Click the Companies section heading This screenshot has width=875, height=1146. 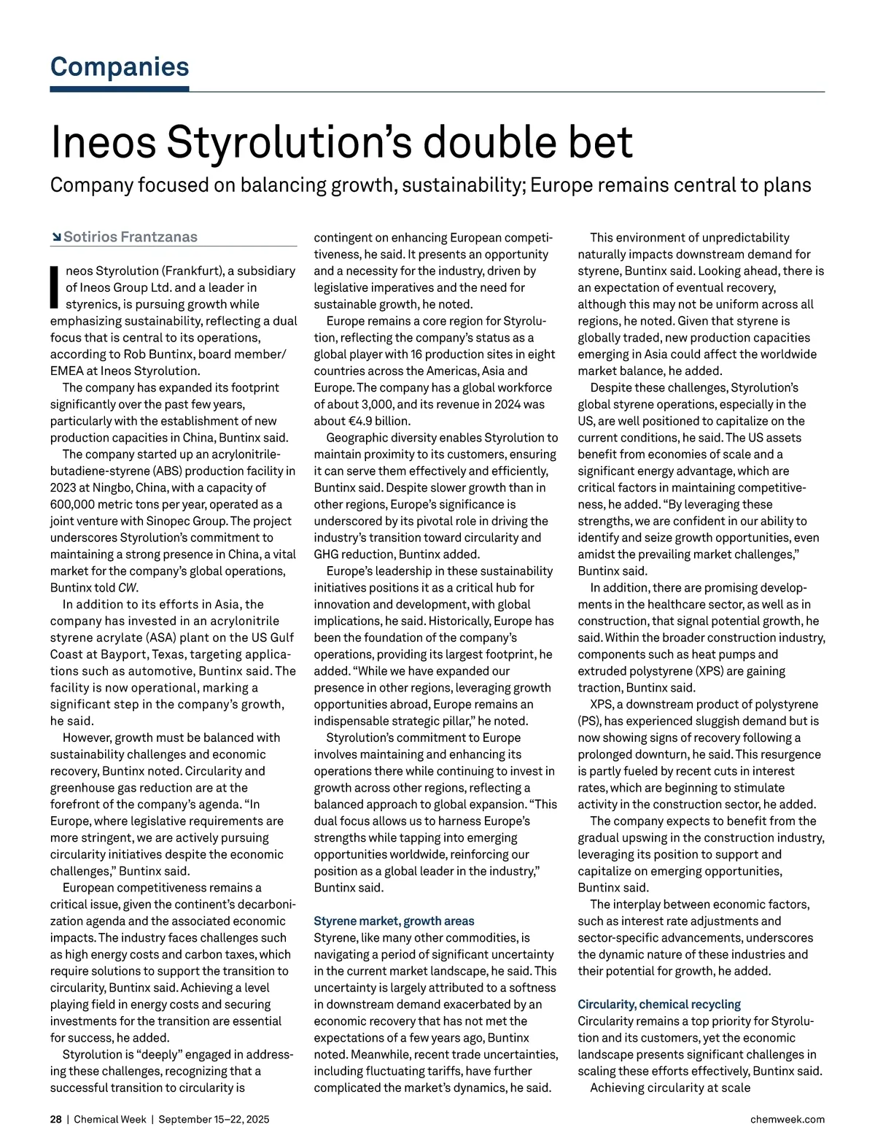tap(120, 67)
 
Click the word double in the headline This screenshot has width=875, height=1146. tap(476, 142)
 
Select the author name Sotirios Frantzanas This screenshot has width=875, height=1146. tap(131, 237)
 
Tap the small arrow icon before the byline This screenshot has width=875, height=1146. tap(56, 237)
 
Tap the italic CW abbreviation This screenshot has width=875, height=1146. tap(128, 588)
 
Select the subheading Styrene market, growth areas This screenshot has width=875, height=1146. tap(394, 921)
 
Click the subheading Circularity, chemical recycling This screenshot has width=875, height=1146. tap(659, 1004)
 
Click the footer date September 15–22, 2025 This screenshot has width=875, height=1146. tap(214, 1119)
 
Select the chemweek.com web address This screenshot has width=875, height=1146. tap(787, 1119)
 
